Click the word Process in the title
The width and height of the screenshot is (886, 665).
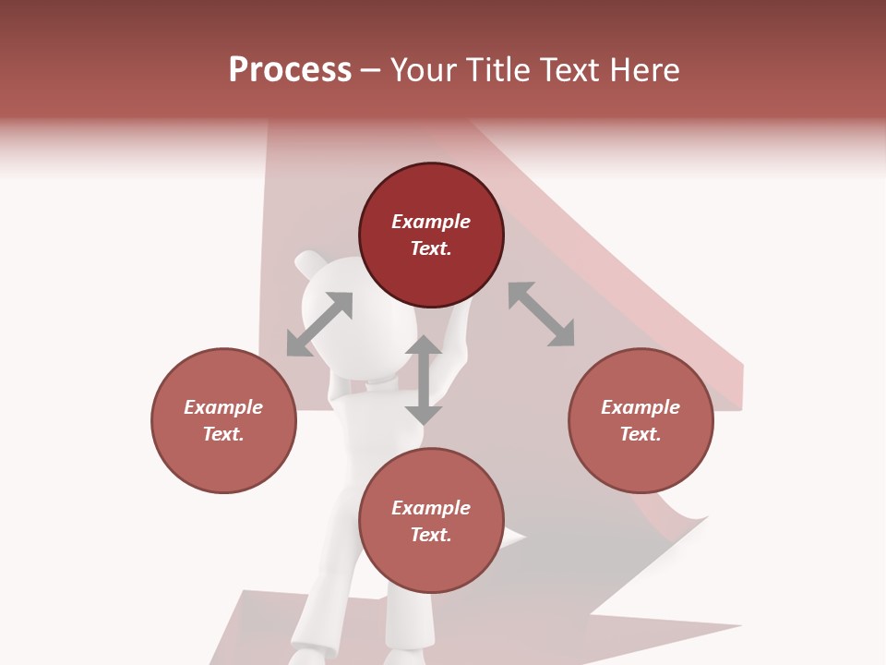pos(290,70)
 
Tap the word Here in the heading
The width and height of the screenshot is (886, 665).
pos(644,70)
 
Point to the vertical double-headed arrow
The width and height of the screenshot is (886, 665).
pos(424,380)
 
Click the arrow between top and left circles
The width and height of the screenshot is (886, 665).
pos(319,324)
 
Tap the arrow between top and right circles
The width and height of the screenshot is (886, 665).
pos(541,314)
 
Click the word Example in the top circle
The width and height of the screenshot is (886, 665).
pos(431,222)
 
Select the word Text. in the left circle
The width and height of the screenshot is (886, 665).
pos(223,434)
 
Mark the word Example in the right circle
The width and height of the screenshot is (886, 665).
pos(641,407)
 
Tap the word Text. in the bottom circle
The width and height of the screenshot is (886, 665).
pos(431,535)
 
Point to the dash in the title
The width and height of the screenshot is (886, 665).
pos(370,70)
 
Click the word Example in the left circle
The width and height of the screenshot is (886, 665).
pos(223,407)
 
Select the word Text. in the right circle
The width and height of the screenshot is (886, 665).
pos(641,434)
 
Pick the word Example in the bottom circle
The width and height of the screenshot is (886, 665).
pos(431,508)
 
